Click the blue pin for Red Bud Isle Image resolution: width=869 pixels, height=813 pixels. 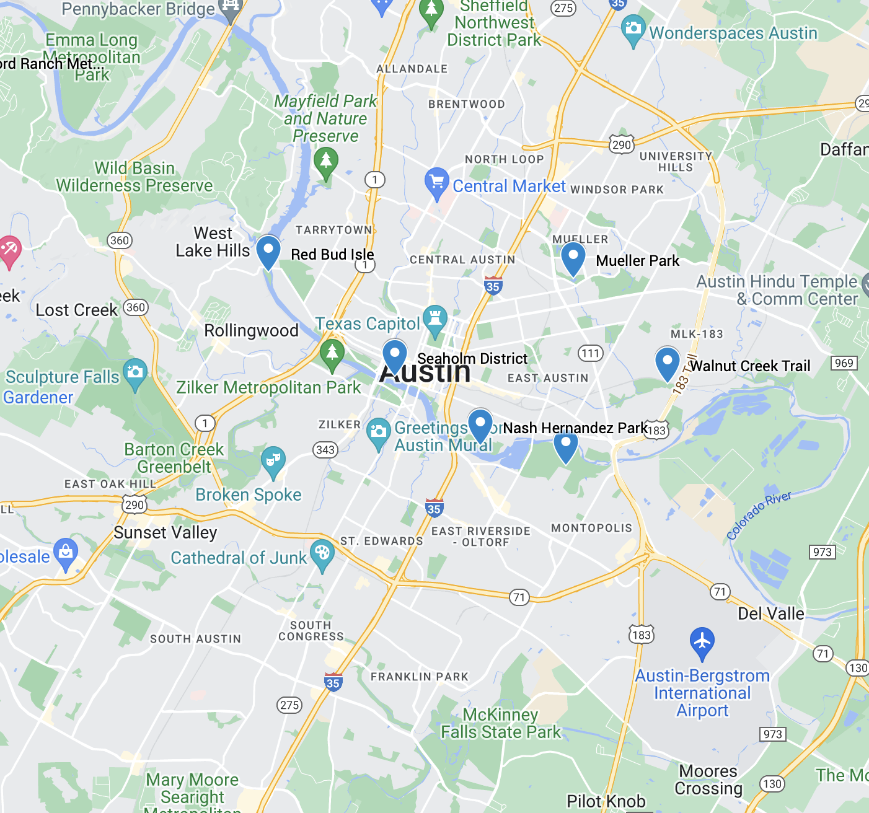coord(268,251)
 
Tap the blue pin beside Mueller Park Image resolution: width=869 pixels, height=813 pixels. coord(573,258)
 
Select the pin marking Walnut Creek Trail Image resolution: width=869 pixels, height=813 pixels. coord(667,363)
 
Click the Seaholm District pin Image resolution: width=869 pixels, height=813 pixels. coord(394,356)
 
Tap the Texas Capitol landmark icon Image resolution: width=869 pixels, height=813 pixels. coord(434,320)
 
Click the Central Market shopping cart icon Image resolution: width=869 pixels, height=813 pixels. coord(436,183)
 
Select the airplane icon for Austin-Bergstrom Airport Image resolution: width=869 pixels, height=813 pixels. coord(702,642)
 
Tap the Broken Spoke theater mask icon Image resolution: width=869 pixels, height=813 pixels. coord(273,462)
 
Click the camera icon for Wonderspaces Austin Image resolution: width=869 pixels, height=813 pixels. coord(633,30)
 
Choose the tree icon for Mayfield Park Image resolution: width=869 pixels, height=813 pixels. coord(326,162)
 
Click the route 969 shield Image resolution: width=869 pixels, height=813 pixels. coord(844,363)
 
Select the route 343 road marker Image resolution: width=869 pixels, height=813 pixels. coord(325,450)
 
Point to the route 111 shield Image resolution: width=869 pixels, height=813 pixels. coord(591,353)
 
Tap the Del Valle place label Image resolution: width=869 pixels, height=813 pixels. coord(770,613)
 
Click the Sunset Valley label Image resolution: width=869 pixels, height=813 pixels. coord(165,533)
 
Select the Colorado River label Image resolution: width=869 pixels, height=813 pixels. coord(759,516)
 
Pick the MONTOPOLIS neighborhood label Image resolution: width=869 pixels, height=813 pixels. coord(591,528)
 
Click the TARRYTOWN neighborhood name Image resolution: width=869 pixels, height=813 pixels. coord(333,230)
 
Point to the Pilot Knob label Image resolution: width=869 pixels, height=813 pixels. coord(606,801)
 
